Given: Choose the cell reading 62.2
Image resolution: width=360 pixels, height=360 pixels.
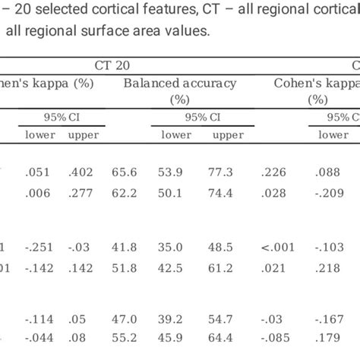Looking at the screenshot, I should click(125, 195).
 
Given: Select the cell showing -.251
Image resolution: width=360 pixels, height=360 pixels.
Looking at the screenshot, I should click(39, 247).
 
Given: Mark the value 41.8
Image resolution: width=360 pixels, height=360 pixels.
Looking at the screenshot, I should click(125, 247).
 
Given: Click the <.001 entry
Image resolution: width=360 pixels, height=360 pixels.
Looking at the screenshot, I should click(275, 247).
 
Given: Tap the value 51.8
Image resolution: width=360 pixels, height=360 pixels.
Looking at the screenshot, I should click(125, 268).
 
